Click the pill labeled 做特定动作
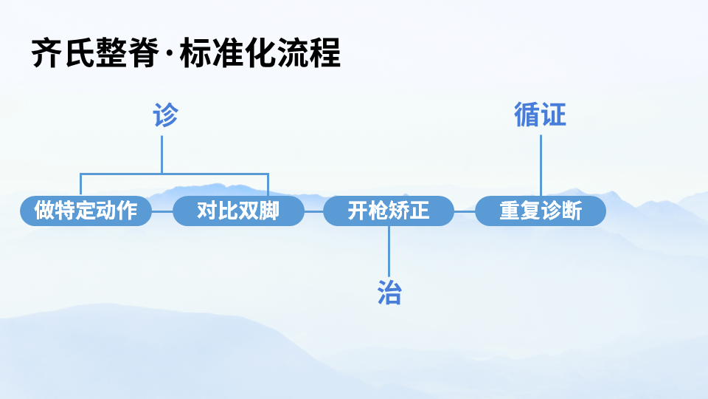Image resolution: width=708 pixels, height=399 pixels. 86,211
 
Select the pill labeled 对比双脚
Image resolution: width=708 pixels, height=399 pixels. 238,211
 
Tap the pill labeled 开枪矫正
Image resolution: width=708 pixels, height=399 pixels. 389,211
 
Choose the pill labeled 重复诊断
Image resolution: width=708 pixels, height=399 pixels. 541,211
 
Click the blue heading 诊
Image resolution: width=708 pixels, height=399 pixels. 165,116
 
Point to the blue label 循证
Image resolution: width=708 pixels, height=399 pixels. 540,115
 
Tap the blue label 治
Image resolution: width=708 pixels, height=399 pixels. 389,293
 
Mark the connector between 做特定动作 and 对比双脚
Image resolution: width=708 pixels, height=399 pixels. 162,211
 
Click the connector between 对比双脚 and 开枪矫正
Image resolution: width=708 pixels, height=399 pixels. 313,211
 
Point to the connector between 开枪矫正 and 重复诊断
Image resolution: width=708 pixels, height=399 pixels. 464,211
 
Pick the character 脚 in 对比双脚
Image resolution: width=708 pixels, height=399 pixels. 269,211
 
